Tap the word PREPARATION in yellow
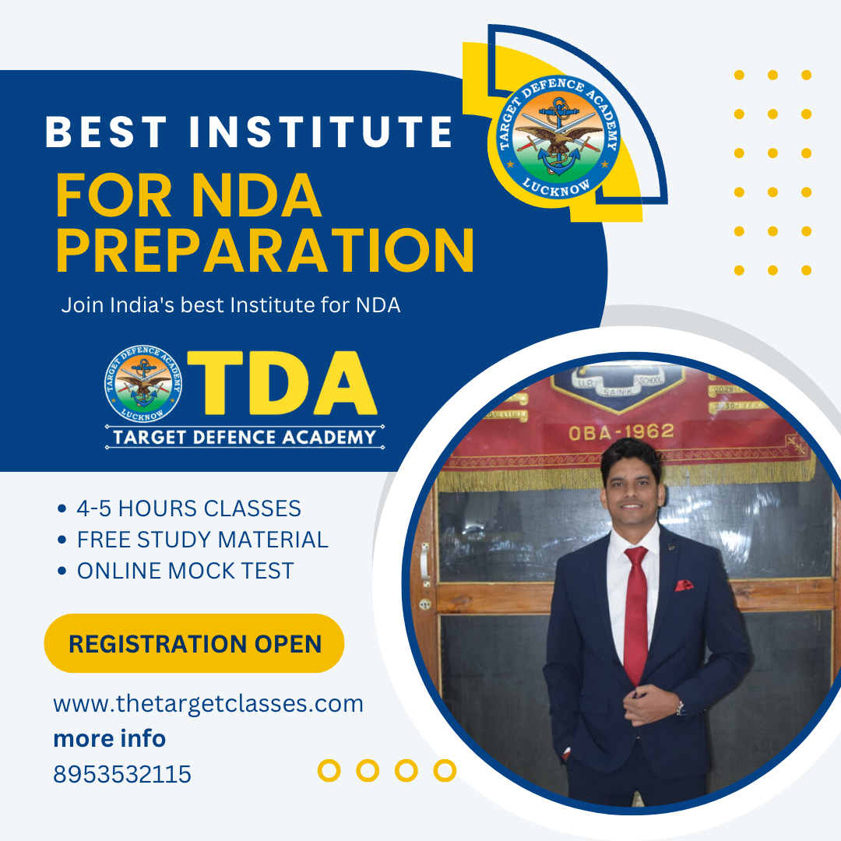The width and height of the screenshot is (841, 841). (265, 250)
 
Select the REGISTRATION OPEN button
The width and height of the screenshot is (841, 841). (195, 644)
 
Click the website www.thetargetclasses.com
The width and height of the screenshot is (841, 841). (208, 704)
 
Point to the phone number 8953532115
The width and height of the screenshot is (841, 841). (122, 774)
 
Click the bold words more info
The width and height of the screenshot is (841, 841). (109, 738)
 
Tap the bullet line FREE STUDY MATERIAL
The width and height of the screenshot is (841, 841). (202, 540)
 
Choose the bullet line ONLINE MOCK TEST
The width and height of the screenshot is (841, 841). (185, 571)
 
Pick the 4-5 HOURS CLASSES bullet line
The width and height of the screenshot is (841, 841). (188, 509)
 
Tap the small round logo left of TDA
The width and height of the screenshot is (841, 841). (143, 382)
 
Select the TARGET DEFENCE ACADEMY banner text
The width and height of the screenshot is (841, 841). (245, 437)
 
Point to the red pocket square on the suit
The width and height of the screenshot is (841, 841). (684, 585)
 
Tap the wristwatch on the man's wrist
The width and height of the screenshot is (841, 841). (680, 707)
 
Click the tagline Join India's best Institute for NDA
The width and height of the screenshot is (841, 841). (230, 305)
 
